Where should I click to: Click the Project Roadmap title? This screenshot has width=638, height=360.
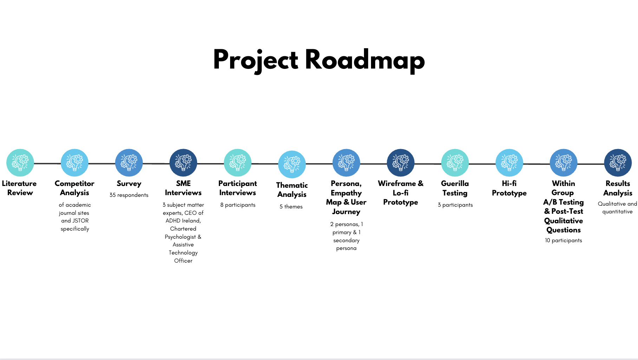pos(319,60)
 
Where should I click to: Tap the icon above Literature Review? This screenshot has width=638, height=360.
pos(20,162)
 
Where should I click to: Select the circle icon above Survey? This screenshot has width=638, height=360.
pos(129,162)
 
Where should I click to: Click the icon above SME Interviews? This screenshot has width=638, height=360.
pos(183,162)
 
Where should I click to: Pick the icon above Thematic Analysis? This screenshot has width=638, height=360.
pos(292,164)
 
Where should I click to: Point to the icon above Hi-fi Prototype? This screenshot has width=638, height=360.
pos(509,162)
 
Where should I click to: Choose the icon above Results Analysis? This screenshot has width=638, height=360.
pos(618,162)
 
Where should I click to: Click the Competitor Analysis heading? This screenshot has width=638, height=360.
pos(74,188)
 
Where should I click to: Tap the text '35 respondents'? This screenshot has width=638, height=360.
pos(129,195)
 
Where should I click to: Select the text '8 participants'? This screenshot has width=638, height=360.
pos(238,205)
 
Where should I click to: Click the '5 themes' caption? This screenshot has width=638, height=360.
pos(291,207)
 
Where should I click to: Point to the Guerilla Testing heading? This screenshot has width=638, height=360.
pos(455,188)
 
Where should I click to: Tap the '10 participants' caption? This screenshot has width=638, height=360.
pos(564,240)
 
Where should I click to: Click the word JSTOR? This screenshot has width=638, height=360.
pos(80,221)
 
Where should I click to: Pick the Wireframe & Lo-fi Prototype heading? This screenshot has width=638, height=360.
pos(401,193)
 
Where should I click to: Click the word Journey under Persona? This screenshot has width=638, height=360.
pos(346,212)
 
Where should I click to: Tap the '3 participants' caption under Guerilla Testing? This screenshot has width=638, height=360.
pos(455,205)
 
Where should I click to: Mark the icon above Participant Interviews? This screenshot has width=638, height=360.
pos(238,162)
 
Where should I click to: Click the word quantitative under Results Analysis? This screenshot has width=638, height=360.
pos(618,212)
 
